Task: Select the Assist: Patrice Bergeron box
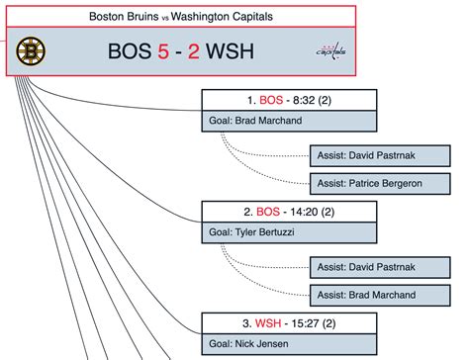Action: pos(374,183)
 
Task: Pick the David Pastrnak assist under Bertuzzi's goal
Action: pos(374,268)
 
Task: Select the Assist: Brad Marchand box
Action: pos(374,295)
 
